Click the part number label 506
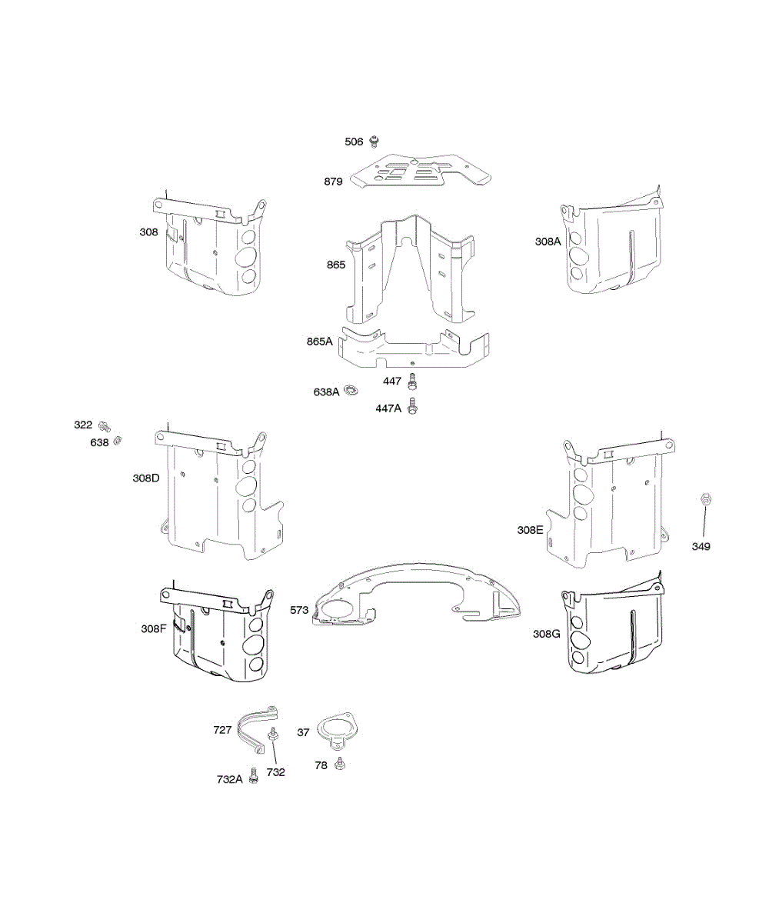tap(354, 142)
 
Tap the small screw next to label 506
tap(375, 142)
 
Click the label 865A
tap(320, 342)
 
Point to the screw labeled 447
tap(412, 382)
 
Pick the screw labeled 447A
tap(412, 406)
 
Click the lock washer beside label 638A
tap(351, 390)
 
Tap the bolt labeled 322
tap(105, 426)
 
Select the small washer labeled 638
tap(117, 440)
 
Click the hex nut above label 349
tap(706, 498)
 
